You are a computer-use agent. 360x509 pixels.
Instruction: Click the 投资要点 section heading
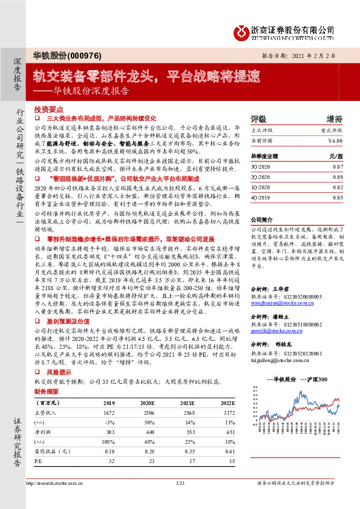point(48,109)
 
